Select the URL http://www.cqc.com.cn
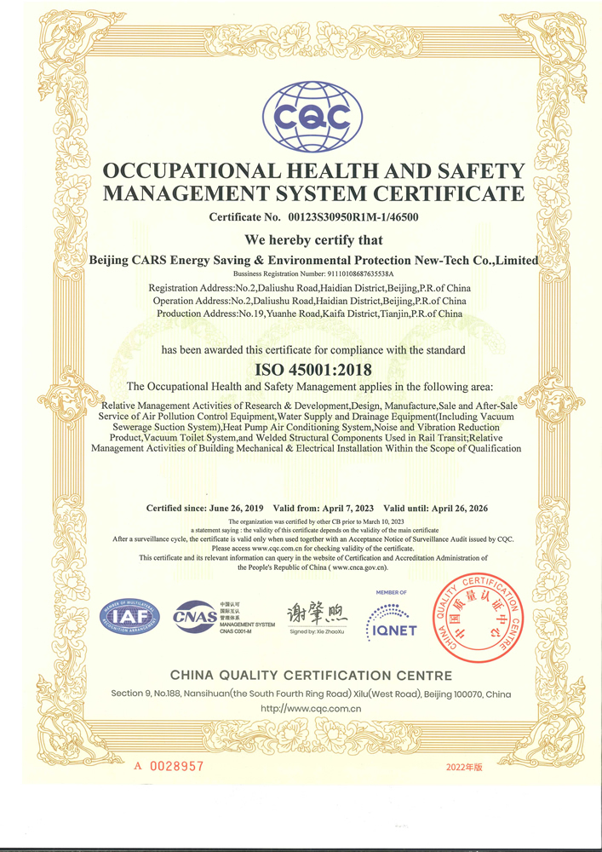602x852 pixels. coord(312,708)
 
